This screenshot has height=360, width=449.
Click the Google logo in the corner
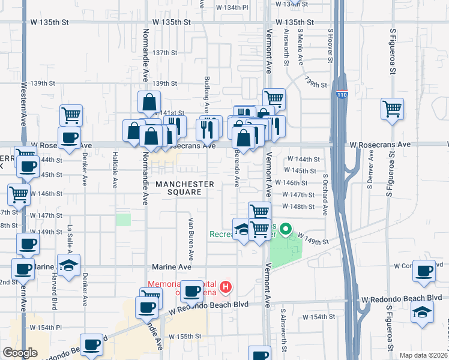point(20,353)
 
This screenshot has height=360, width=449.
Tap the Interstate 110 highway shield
point(342,94)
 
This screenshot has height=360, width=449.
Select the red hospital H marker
point(226,287)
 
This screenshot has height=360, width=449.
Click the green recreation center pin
point(286,229)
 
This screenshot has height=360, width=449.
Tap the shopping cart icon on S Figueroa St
point(392,109)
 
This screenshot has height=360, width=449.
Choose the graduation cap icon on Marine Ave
point(69,265)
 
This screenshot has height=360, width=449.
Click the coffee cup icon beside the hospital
point(192,292)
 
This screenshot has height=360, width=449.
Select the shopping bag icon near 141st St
point(149,103)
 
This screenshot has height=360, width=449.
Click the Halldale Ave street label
point(115,165)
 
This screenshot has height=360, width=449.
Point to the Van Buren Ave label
point(191,234)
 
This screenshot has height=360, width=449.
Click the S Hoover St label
point(330,45)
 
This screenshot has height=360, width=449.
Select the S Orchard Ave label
point(325,195)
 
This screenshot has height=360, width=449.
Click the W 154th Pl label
point(46,328)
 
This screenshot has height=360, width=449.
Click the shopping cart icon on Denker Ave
point(71,114)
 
